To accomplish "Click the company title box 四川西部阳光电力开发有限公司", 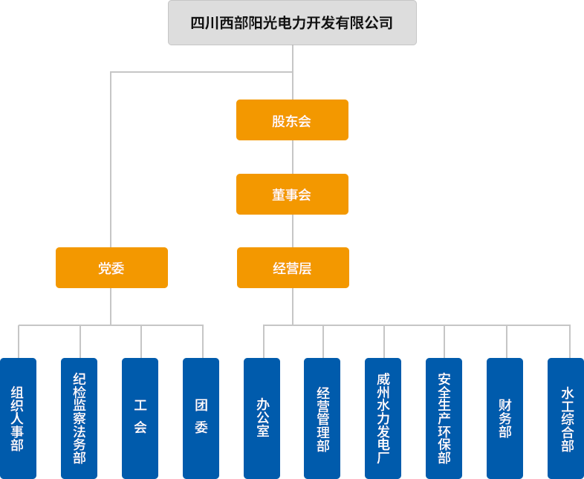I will (292, 23).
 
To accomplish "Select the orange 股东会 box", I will (292, 120).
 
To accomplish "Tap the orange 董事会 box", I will (292, 195).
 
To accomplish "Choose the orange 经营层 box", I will (292, 268).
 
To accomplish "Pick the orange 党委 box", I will (111, 268).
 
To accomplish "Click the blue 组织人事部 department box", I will (18, 418).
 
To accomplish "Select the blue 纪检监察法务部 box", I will (79, 418).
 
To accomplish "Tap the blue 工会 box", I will (140, 418).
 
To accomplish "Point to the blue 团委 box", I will (201, 418).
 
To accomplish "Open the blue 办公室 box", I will (262, 418).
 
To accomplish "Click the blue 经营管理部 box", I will (322, 418).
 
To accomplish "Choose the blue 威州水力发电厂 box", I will (383, 418).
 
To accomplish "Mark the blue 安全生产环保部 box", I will (444, 418).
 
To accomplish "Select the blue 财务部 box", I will (504, 418).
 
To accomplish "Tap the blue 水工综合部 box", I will (566, 418).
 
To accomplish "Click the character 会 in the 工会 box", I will (140, 428).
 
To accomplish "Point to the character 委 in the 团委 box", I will (201, 428).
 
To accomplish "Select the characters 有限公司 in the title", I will (367, 23).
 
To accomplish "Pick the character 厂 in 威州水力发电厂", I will (383, 457).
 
